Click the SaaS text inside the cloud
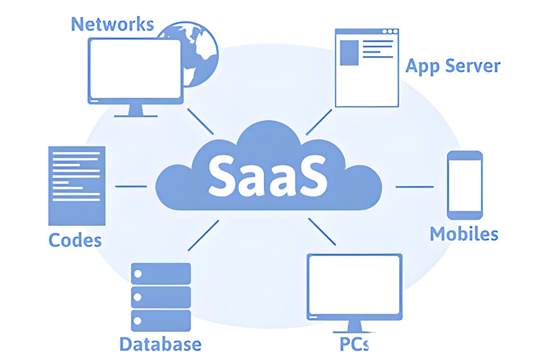(x=268, y=174)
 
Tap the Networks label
(x=112, y=24)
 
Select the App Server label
(x=453, y=66)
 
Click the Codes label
(x=75, y=240)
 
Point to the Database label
(x=160, y=344)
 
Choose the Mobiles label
(x=464, y=234)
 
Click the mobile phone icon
(x=464, y=185)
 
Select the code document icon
(x=77, y=185)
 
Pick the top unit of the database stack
(x=161, y=273)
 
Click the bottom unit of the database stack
(x=161, y=320)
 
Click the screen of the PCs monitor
(x=354, y=286)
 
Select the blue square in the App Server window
(x=349, y=53)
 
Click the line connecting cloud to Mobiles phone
(x=414, y=186)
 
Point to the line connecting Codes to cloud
(x=131, y=186)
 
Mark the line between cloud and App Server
(x=318, y=122)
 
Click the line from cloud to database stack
(x=202, y=235)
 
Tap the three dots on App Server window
(x=390, y=31)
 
